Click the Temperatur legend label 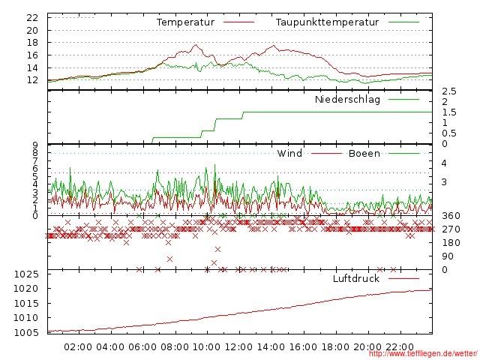pos(185,22)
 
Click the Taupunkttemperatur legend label pos(326,22)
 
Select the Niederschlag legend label pos(347,99)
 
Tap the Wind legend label pos(289,154)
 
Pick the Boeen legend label pos(364,154)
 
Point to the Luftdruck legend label pos(355,279)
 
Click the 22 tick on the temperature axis pos(32,17)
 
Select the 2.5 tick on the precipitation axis pos(448,91)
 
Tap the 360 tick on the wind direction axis pos(451,216)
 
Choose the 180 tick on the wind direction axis pos(451,243)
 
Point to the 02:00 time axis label pos(78,347)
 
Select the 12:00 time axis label pos(239,347)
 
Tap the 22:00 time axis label pos(400,347)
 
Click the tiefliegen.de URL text pos(423,355)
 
